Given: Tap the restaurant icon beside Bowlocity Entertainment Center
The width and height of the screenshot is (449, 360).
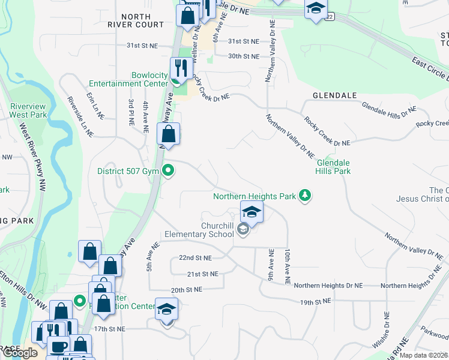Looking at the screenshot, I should (177, 68).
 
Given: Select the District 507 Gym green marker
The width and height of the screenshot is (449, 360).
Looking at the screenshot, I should (169, 171).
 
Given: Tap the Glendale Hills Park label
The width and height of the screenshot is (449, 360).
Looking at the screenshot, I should (333, 167).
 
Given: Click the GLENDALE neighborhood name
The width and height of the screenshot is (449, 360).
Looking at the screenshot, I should (334, 95).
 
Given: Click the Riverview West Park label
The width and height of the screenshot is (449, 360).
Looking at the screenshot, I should (28, 110).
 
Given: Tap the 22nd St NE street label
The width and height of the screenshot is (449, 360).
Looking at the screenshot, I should (195, 258).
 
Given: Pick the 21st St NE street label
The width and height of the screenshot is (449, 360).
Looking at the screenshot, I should (201, 274).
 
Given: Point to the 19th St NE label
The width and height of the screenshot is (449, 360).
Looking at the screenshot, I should (316, 302).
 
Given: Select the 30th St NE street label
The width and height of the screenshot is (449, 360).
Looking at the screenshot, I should (244, 56).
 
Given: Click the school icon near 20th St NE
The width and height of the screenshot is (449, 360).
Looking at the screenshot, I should (167, 309).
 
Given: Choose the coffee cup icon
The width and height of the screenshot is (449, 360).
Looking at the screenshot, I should (59, 346).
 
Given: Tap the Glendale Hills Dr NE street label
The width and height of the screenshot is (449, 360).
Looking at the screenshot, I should (388, 109).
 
